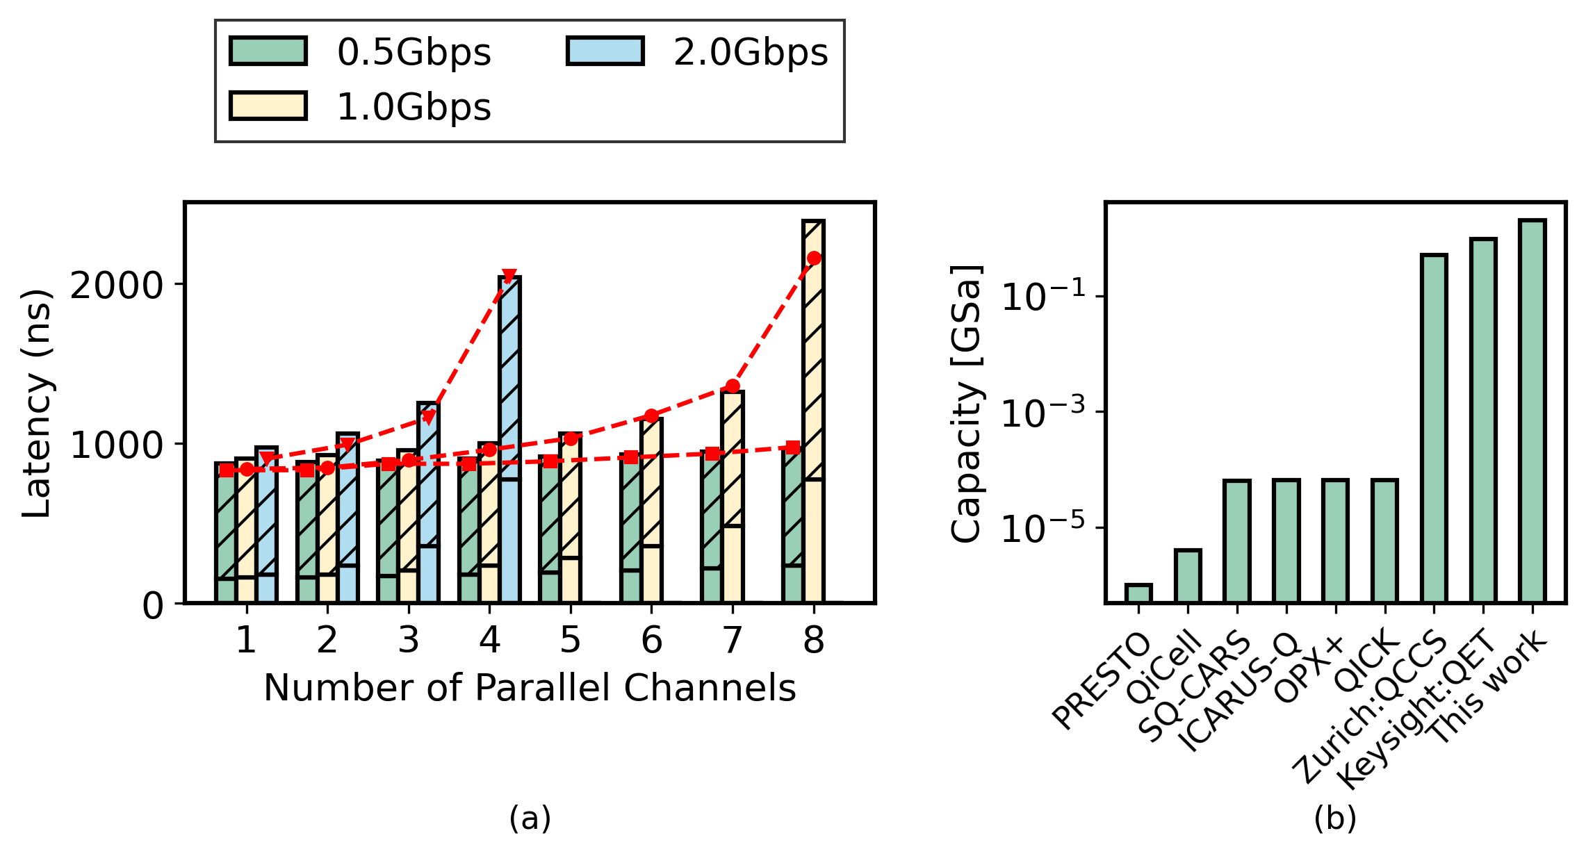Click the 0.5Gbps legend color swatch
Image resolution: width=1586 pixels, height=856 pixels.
coord(268,51)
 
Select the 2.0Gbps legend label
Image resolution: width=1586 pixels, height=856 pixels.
coord(751,53)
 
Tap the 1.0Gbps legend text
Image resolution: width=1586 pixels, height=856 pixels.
coord(414,108)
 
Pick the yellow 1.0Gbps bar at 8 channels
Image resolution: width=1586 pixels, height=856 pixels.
coord(813,410)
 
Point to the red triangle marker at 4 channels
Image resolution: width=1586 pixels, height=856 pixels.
coord(509,277)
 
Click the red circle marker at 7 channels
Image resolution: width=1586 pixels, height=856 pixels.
coord(733,386)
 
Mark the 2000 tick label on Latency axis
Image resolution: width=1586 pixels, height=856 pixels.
coord(117,285)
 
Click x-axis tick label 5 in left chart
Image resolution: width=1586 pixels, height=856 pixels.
coord(570,640)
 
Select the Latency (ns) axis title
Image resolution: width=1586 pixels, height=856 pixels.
coord(36,403)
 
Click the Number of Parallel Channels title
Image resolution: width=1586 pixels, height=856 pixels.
coord(530,689)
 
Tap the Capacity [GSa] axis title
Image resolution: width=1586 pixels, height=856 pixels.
coord(966,403)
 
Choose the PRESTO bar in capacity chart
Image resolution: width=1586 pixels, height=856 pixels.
coord(1138,593)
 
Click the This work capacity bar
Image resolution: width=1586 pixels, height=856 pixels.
coord(1532,410)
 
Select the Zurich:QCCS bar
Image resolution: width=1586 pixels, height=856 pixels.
coord(1434,428)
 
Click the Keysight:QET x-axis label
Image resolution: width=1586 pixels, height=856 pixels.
coord(1418,709)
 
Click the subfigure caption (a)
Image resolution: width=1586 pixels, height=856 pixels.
coord(530,818)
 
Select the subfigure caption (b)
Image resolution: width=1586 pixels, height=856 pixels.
coord(1334,818)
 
